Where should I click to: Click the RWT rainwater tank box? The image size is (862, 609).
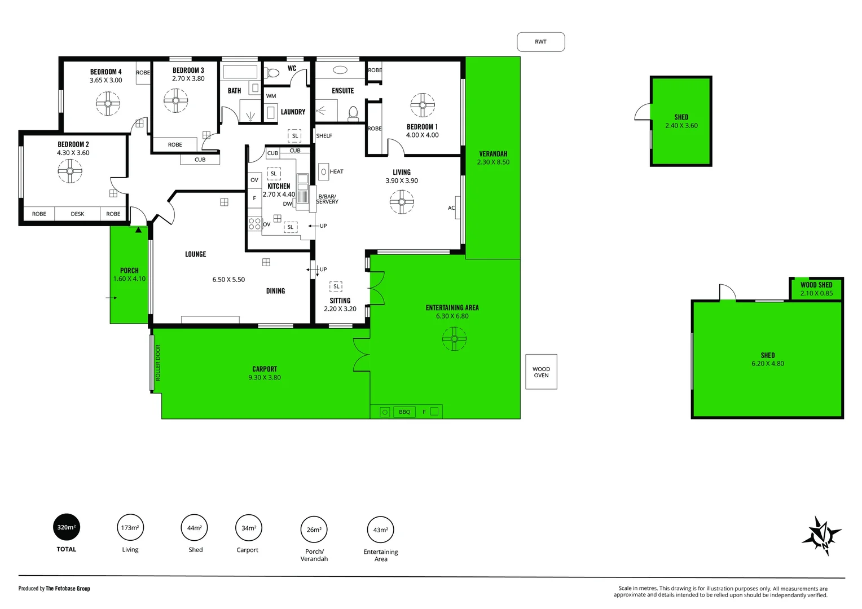[540, 42]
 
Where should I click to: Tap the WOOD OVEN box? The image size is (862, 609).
[541, 372]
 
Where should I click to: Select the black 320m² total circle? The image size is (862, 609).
[66, 527]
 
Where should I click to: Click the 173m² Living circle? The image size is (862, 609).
[130, 528]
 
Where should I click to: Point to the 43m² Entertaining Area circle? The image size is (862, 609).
[380, 530]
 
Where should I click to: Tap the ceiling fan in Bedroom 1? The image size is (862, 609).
[423, 105]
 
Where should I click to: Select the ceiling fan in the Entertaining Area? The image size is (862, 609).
[454, 339]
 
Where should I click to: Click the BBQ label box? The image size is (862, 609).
[404, 412]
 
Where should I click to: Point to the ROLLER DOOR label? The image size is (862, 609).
[158, 363]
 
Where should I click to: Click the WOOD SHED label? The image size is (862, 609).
[816, 285]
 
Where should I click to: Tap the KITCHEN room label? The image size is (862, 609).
[279, 186]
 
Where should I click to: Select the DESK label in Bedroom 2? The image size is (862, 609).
[77, 214]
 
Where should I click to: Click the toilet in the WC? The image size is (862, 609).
[273, 73]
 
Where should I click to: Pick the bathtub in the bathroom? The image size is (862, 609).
[240, 72]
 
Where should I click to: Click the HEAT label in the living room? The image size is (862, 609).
[336, 171]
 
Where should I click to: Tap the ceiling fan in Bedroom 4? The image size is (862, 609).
[108, 103]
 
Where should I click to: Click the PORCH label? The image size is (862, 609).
[129, 271]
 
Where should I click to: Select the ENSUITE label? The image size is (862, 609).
[342, 91]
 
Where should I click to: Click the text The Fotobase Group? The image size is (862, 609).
[68, 589]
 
